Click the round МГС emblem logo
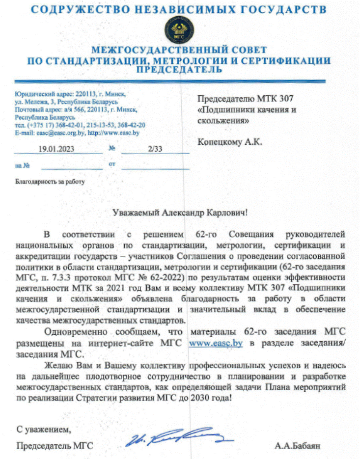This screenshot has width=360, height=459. (179, 27)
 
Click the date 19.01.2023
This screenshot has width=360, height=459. (56, 150)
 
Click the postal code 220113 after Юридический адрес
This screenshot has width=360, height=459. (86, 93)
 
